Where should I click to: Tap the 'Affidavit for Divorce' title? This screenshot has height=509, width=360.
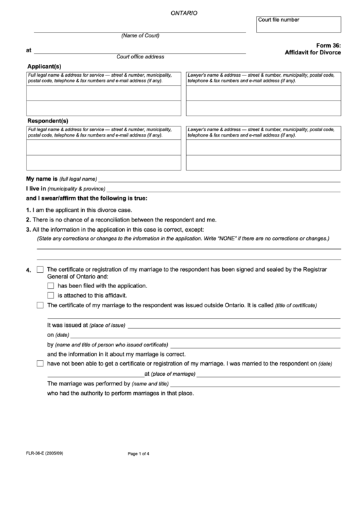point(312,52)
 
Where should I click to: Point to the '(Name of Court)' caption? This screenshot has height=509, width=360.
point(140,35)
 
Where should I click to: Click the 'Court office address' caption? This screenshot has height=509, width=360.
point(140,56)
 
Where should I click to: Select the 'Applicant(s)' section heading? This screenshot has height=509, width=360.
point(43,65)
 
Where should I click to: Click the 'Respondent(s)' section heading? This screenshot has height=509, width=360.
point(47,120)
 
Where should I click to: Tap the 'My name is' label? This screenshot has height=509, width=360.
point(41,178)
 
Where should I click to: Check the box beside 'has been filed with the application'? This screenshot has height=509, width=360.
point(51,286)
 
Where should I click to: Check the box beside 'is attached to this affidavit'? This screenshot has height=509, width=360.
point(51,296)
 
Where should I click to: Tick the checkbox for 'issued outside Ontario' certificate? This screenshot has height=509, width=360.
point(40,306)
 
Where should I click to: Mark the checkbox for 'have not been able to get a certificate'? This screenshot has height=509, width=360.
point(40,364)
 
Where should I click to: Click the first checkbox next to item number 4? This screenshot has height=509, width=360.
point(40,270)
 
